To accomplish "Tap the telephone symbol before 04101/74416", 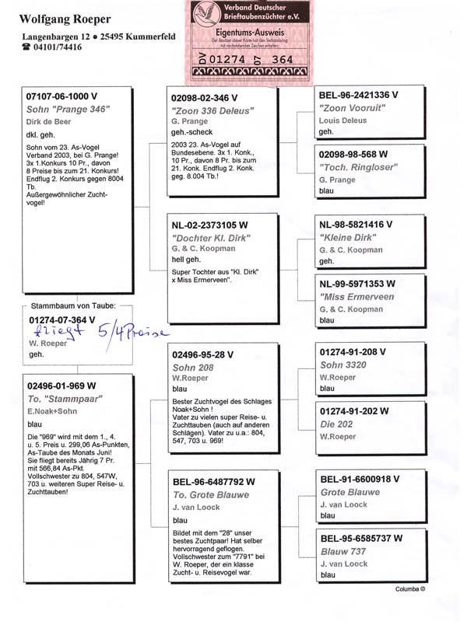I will [x=26, y=47].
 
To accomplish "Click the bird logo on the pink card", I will [x=207, y=13].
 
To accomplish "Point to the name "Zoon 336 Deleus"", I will [x=212, y=111].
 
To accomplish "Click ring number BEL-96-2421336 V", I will [x=359, y=95].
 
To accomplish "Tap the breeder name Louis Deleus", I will [x=343, y=120].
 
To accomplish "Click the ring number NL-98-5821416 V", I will [x=356, y=224].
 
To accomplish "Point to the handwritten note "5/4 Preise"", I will [x=132, y=333].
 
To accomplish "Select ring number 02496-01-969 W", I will [x=61, y=385].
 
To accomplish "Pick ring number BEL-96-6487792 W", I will [x=213, y=481].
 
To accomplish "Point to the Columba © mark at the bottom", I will [x=410, y=589].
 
